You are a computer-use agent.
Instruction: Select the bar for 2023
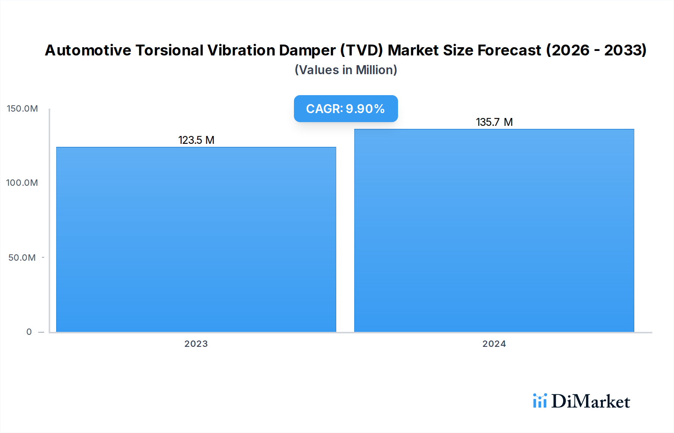click(x=196, y=240)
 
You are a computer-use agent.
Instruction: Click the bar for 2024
click(x=494, y=230)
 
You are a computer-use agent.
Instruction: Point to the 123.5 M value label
click(x=196, y=140)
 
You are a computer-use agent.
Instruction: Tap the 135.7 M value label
click(x=494, y=122)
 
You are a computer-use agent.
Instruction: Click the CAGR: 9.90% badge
click(x=346, y=109)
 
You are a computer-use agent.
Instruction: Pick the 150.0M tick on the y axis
click(x=22, y=109)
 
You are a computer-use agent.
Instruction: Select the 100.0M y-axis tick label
click(x=22, y=183)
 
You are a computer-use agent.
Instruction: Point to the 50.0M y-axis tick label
click(x=22, y=258)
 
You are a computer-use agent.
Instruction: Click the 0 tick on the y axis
click(x=29, y=332)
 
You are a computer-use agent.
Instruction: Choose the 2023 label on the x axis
click(x=196, y=344)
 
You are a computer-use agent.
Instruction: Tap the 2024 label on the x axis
click(x=494, y=344)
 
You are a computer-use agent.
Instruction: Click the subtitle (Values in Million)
click(x=346, y=70)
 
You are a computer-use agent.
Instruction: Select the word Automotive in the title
click(x=88, y=50)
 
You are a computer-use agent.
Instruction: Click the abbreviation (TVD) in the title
click(x=361, y=50)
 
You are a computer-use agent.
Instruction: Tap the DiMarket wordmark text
click(x=590, y=402)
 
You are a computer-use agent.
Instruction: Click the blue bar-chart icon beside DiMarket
click(x=540, y=401)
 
